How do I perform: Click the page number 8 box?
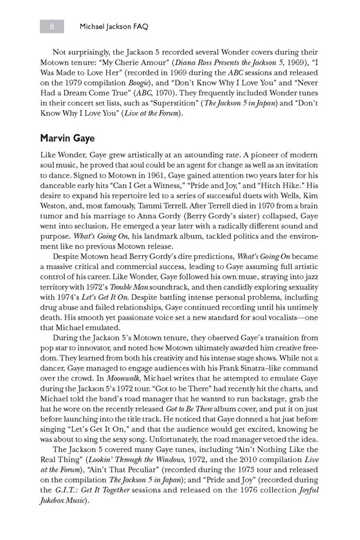(x=52, y=26)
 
